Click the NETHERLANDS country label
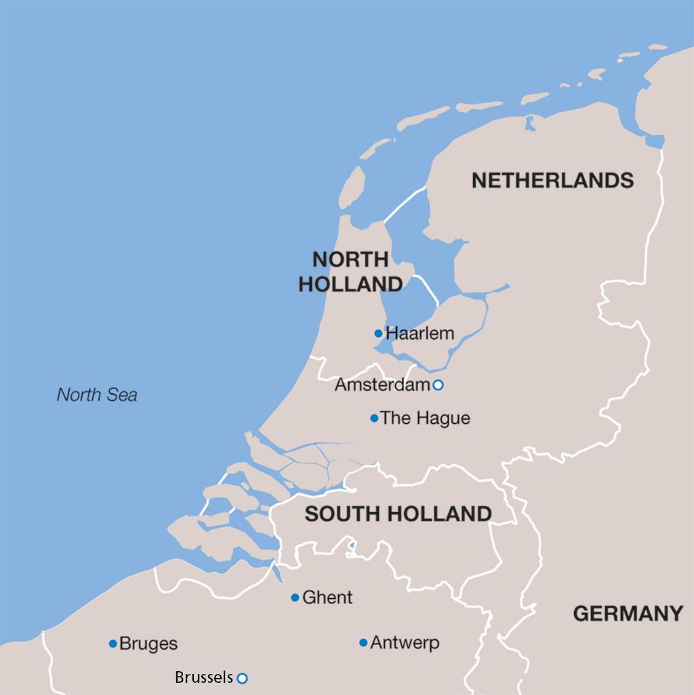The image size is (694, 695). point(552,180)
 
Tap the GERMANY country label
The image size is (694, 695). point(628,614)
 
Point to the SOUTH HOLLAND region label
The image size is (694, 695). point(398,514)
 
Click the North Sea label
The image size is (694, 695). point(96,395)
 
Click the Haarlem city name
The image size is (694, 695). point(420,334)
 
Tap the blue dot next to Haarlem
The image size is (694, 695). point(378,334)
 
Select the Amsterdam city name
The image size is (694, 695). point(383,385)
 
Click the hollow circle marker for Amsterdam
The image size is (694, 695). point(438,385)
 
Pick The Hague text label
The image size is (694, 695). point(425,418)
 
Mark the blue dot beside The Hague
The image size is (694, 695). point(374,418)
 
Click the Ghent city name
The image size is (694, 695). point(327,597)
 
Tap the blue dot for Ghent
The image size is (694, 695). point(295,597)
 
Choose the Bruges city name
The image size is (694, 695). point(148,643)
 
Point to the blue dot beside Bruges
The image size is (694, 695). point(113,643)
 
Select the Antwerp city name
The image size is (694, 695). point(405,643)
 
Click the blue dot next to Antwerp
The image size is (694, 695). point(363,643)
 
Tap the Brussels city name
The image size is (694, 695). point(204,677)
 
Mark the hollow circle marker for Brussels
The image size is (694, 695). point(243,677)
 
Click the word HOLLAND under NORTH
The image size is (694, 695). point(350,284)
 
